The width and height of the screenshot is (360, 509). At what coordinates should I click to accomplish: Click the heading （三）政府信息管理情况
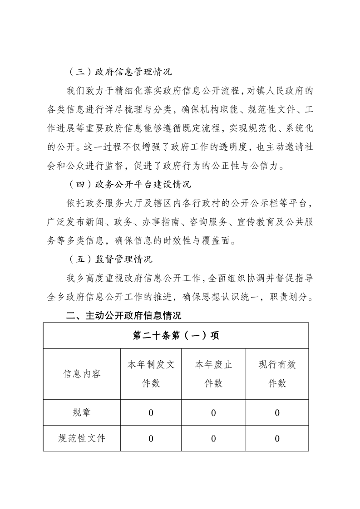pos(119,72)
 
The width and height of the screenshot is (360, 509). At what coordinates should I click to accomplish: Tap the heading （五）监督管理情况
pos(109,259)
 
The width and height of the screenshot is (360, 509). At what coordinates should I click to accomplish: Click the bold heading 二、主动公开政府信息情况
pos(123,315)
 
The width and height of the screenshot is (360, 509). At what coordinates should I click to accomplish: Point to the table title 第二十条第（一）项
pos(176,335)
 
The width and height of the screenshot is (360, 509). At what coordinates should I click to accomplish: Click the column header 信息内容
pos(82,374)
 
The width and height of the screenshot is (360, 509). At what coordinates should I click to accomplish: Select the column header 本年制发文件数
pos(151,374)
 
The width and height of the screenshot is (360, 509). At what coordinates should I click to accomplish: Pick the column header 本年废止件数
pos(213,374)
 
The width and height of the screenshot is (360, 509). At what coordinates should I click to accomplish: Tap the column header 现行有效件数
pos(277,374)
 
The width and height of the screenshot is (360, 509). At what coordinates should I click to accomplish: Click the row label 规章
pos(82,412)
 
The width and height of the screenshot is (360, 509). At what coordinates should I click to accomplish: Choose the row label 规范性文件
pos(82,438)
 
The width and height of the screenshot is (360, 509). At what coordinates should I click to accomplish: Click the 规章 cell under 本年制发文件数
pos(151,413)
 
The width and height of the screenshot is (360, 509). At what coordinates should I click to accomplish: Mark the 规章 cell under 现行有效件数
pos(277,413)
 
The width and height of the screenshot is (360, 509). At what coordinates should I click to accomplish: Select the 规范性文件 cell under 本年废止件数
pos(213,439)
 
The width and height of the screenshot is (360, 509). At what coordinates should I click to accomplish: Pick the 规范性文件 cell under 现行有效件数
pos(277,439)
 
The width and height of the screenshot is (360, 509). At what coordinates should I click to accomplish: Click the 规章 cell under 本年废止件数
pos(213,413)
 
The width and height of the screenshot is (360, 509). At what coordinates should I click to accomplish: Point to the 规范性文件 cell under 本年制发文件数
pos(151,439)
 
